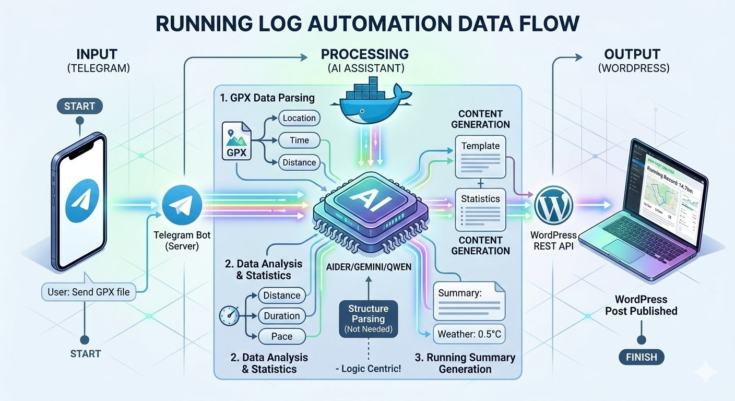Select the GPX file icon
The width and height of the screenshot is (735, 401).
pos(236,140)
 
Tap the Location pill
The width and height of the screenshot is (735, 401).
pos(299,118)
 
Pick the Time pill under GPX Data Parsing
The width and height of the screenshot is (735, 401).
pos(299,140)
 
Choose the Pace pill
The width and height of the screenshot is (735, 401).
pos(281,336)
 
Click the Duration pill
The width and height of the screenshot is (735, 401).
pos(281,316)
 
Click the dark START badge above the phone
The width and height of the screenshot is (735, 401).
pos(80,107)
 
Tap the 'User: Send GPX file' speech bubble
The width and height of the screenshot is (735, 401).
pos(89,292)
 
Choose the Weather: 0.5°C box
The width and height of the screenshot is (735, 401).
pos(469,334)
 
